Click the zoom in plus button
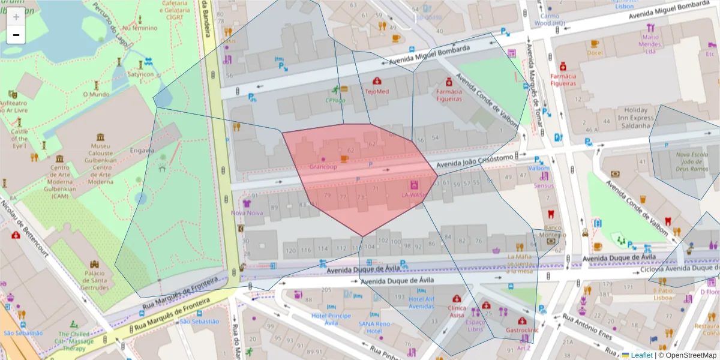pyautogui.click(x=16, y=17)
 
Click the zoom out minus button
pyautogui.click(x=16, y=35)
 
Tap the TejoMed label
pyautogui.click(x=377, y=92)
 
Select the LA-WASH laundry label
pyautogui.click(x=413, y=196)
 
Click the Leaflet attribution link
pyautogui.click(x=641, y=355)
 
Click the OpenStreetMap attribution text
pyautogui.click(x=689, y=355)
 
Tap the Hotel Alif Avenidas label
pyautogui.click(x=421, y=302)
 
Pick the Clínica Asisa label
pyautogui.click(x=457, y=311)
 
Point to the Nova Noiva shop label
pyautogui.click(x=247, y=213)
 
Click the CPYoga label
pyautogui.click(x=335, y=100)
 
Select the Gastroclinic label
pyautogui.click(x=522, y=330)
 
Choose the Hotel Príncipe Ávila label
pyautogui.click(x=331, y=319)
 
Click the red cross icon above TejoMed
pyautogui.click(x=377, y=81)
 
